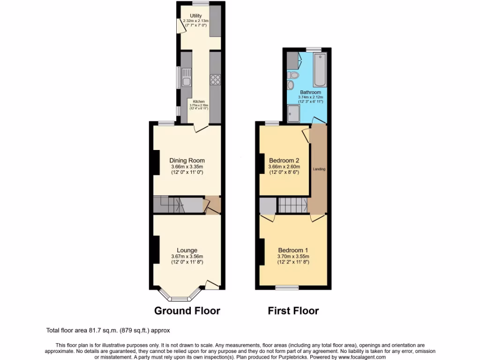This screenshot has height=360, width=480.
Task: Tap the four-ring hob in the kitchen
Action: point(216,80)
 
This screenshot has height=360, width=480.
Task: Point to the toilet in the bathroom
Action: point(294,75)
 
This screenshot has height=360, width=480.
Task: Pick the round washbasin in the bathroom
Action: point(290,85)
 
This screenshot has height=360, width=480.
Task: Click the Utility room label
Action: point(196,16)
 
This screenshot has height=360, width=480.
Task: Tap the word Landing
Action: point(319,169)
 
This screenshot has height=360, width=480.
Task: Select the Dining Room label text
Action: point(187,160)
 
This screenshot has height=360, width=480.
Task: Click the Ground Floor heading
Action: point(187,311)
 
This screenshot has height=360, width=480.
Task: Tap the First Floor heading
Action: point(293,311)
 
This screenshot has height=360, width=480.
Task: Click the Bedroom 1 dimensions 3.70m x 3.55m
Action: point(293,256)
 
